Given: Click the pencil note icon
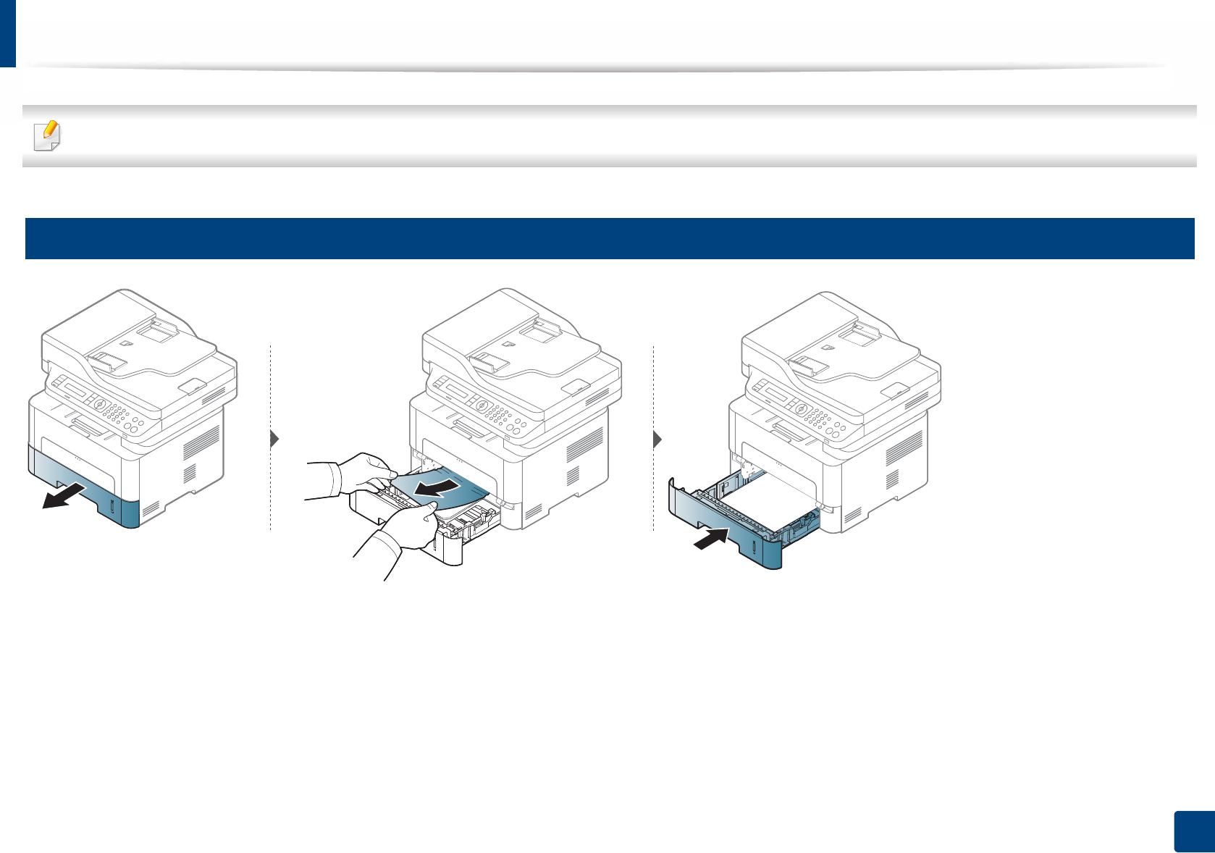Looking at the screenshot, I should click(48, 135).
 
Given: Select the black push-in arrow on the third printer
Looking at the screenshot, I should click(711, 539).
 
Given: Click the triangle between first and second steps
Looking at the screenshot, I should click(274, 439).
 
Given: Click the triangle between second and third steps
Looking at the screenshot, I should click(657, 439).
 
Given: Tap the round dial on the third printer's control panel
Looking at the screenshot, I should click(801, 408).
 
